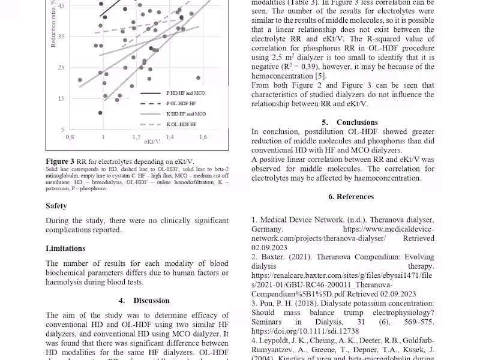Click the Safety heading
pos(56,206)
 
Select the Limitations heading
pos(65,248)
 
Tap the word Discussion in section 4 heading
pos(151,301)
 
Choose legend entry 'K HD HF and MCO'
pos(185,113)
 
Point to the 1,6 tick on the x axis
pos(203,137)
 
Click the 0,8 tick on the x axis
pos(70,137)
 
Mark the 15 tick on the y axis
pos(61,98)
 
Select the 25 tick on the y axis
pos(61,67)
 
